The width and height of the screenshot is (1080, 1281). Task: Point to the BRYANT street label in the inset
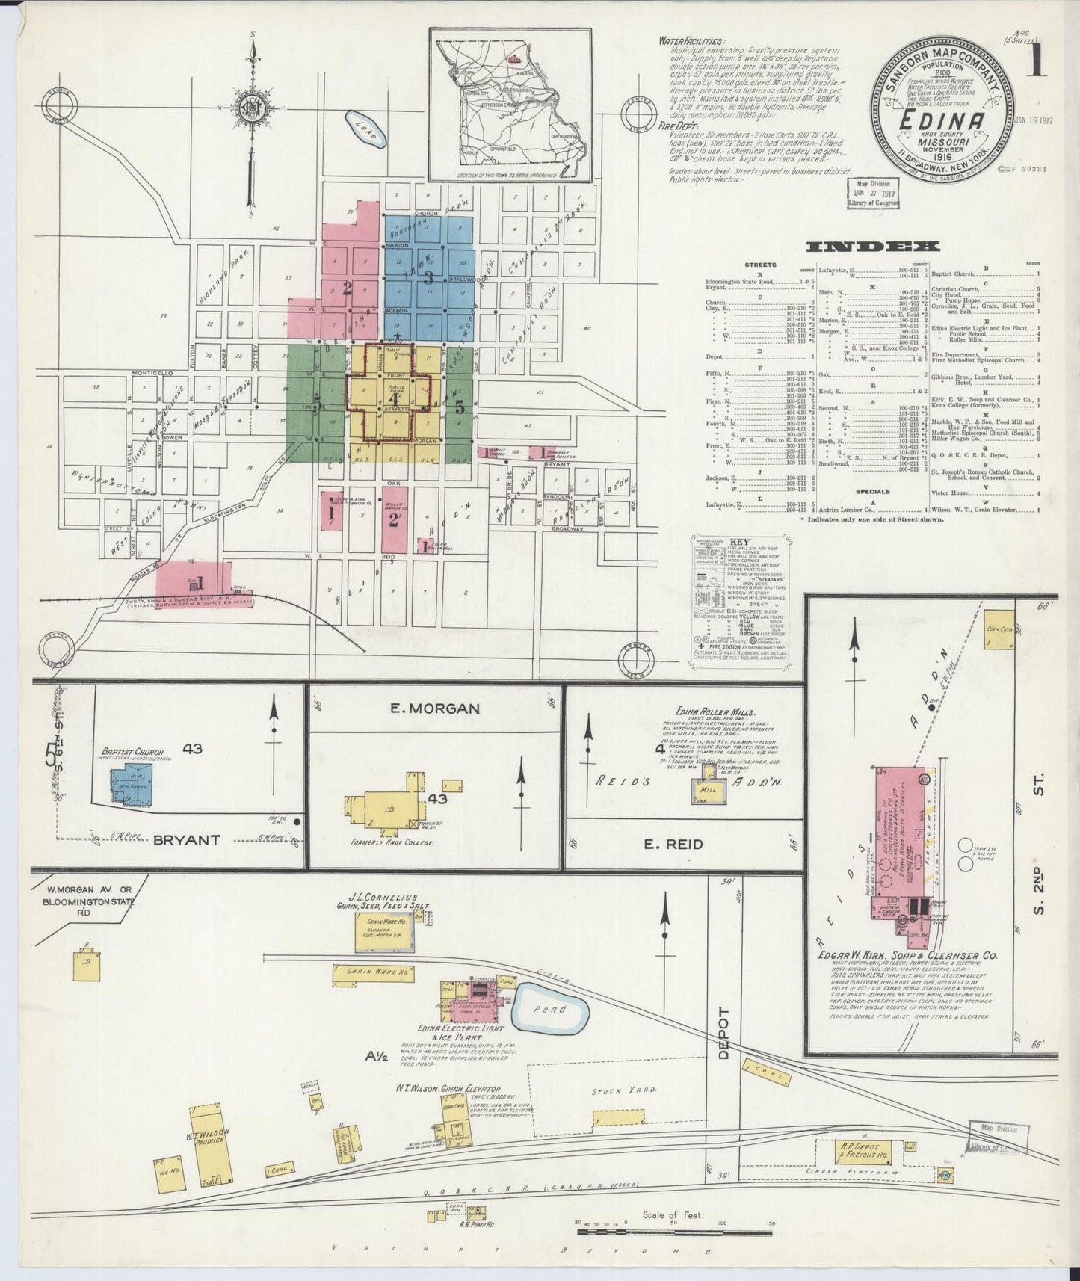pyautogui.click(x=187, y=839)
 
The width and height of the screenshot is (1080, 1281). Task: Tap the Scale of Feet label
pyautogui.click(x=671, y=1214)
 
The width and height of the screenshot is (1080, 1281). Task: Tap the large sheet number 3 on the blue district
pyautogui.click(x=428, y=278)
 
